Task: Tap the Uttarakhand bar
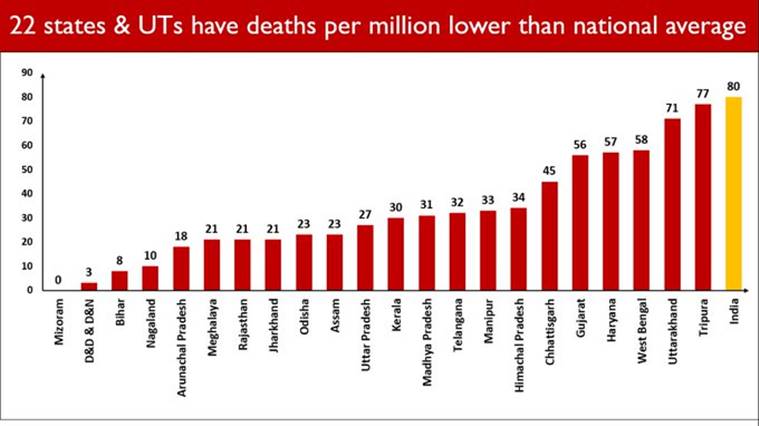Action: click(672, 204)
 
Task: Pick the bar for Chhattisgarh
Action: click(549, 236)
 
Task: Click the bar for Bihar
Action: click(119, 281)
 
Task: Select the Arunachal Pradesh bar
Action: click(181, 268)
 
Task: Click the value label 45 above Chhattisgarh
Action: click(549, 171)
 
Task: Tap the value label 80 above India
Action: click(733, 87)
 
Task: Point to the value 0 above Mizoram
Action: click(58, 280)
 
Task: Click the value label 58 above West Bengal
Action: click(641, 140)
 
